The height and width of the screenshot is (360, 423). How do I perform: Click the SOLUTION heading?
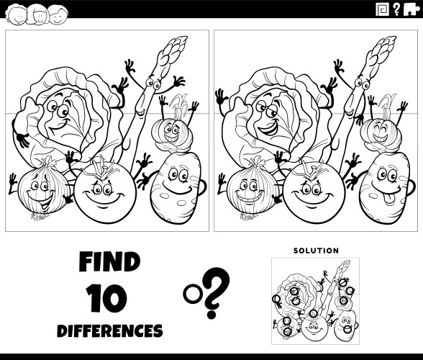point(316,251)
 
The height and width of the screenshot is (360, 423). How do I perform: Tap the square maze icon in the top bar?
point(383,9)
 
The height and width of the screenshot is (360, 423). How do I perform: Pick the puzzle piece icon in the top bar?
point(410,9)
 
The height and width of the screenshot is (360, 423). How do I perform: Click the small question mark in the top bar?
point(396,9)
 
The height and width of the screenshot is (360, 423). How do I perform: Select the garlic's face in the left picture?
point(170,132)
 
